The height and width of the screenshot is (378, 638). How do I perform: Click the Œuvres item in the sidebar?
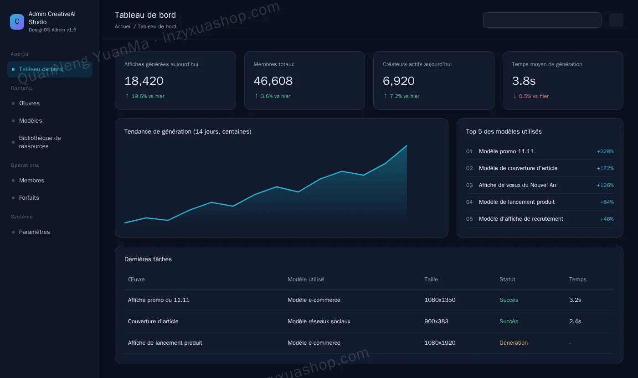click(29, 103)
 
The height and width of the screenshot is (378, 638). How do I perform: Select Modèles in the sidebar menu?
click(31, 120)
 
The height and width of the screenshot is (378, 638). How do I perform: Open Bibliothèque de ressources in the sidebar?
click(40, 142)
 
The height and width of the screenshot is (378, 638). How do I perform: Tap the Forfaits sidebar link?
click(29, 197)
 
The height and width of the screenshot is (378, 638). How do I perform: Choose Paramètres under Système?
click(35, 232)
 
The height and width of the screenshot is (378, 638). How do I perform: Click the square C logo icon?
click(17, 22)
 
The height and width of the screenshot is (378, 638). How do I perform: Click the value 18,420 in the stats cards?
click(144, 81)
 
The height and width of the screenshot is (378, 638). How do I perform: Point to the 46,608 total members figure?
click(273, 81)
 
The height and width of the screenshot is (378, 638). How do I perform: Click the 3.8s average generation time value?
click(524, 81)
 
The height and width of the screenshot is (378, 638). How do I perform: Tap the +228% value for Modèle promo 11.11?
click(605, 151)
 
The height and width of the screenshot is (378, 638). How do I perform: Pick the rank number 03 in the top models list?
click(469, 185)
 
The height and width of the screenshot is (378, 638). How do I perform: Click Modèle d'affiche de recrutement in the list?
click(521, 219)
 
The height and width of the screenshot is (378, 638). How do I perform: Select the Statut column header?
click(507, 280)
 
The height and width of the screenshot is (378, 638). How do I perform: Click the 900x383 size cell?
click(436, 321)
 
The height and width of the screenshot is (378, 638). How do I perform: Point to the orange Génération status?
click(514, 342)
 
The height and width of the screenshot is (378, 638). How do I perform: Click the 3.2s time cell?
click(575, 300)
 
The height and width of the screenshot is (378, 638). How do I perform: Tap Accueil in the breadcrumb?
click(123, 26)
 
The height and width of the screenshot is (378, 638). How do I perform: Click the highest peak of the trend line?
click(406, 145)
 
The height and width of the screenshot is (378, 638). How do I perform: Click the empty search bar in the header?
click(542, 20)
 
